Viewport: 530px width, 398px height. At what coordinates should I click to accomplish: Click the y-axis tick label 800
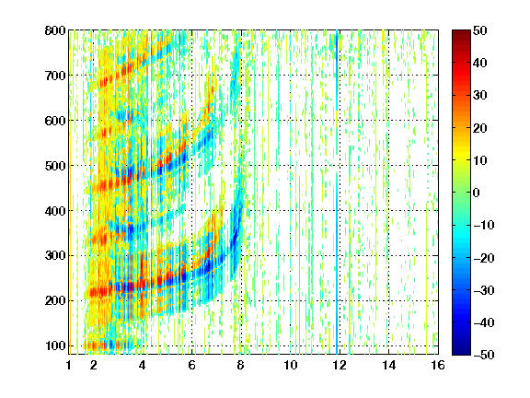55,30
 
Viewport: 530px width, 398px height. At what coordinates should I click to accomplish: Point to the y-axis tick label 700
55,76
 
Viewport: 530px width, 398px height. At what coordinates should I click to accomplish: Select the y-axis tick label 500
55,166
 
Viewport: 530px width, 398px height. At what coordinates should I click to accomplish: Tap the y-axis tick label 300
55,256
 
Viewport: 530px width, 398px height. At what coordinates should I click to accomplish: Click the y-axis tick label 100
55,345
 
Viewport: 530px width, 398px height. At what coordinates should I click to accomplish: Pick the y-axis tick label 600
55,121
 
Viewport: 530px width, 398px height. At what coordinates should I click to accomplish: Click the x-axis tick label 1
69,365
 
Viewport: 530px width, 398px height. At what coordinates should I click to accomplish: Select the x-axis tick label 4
143,365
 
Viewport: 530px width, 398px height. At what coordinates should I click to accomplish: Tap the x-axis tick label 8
240,365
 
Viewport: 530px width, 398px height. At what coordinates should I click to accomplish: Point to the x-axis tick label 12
339,365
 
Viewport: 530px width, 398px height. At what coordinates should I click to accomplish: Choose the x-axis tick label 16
438,365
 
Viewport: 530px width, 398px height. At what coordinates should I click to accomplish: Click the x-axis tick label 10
290,365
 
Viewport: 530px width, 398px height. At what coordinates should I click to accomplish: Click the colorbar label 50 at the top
480,30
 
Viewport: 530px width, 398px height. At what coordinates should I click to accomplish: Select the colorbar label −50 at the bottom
484,355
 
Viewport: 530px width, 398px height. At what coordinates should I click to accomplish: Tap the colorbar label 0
477,193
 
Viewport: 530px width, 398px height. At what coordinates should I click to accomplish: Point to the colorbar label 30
480,96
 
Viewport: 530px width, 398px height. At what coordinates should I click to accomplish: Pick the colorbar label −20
484,258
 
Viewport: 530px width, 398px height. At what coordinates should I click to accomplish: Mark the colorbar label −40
484,322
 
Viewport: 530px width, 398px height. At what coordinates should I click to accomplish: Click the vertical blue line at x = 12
337,193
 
